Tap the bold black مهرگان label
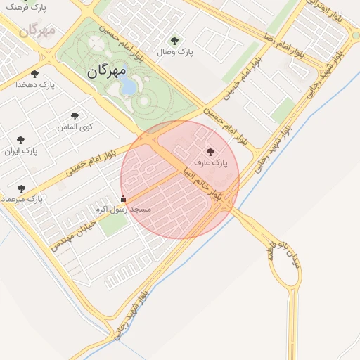coord(108,71)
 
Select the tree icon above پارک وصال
coord(174,40)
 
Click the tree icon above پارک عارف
coord(210,151)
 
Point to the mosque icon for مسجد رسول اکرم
coord(124,199)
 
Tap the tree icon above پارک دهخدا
coord(34,74)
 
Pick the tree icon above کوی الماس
coord(75,116)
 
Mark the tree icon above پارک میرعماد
coord(21,188)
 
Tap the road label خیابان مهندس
coord(72,232)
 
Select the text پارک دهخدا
coord(39,85)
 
